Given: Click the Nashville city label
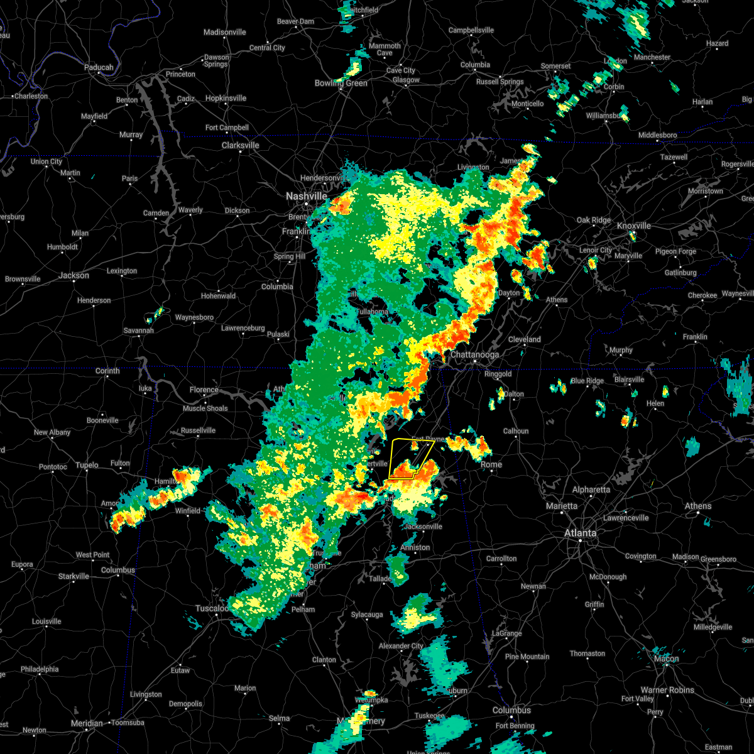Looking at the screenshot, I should click(x=306, y=196).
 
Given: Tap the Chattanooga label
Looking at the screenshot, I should click(x=474, y=354).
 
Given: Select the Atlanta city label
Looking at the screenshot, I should click(x=580, y=533).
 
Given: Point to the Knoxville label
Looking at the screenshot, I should click(x=633, y=226).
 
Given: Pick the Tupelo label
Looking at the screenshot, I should click(x=87, y=465).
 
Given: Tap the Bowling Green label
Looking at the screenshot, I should click(x=341, y=83).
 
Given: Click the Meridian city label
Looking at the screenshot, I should click(x=87, y=723).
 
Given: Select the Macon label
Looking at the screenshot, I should click(x=666, y=658).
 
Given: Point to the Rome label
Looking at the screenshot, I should click(x=491, y=464).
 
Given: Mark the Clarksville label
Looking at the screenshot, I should click(x=240, y=145).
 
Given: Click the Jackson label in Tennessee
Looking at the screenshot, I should click(x=74, y=275).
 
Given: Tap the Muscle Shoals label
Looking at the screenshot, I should click(x=205, y=408).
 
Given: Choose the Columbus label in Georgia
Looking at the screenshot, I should click(x=511, y=710).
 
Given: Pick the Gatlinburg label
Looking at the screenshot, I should click(x=680, y=273).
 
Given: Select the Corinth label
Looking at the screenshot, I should click(x=107, y=371).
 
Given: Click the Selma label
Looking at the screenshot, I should click(x=279, y=718).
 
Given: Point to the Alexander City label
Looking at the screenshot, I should click(x=401, y=646).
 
